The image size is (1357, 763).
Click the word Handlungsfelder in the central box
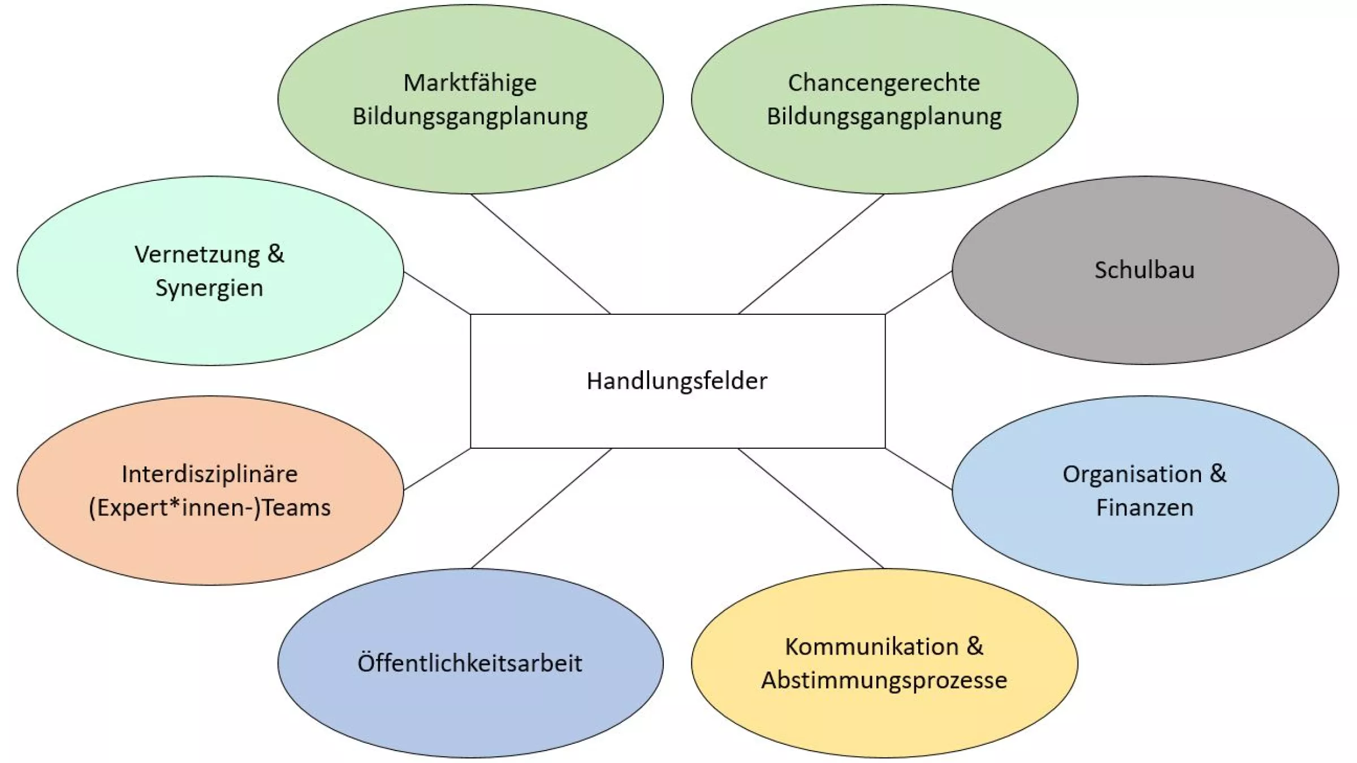677,381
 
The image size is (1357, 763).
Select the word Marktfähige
470,83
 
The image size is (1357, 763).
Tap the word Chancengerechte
884,83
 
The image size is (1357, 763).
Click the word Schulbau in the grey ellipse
1144,270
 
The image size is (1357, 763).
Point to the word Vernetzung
197,254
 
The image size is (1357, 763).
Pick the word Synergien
209,288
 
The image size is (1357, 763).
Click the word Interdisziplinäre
209,474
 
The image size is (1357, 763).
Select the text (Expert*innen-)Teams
209,508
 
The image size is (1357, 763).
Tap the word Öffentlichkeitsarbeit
469,663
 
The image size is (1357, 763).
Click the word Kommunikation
871,647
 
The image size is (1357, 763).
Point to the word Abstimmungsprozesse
884,680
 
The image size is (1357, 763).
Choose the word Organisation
1132,474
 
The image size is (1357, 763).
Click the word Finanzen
1144,508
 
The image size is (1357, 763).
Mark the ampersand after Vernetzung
276,254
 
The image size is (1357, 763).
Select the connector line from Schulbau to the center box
918,293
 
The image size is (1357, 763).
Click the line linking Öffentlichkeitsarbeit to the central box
541,509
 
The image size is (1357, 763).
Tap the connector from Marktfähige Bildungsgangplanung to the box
541,254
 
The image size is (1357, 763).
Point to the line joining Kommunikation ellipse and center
810,509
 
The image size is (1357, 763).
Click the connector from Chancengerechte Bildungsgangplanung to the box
811,254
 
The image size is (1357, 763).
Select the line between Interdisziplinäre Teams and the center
437,469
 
